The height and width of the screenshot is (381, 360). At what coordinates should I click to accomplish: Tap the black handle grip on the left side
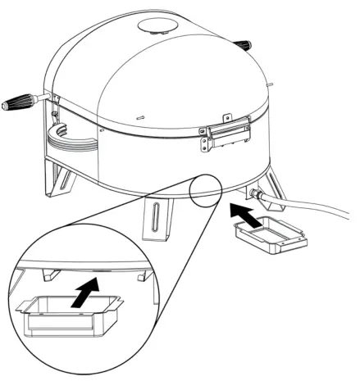[x=19, y=104]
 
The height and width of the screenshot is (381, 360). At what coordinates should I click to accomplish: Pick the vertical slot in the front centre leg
[x=155, y=220]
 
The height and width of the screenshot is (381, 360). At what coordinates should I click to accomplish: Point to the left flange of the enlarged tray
[x=22, y=306]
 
